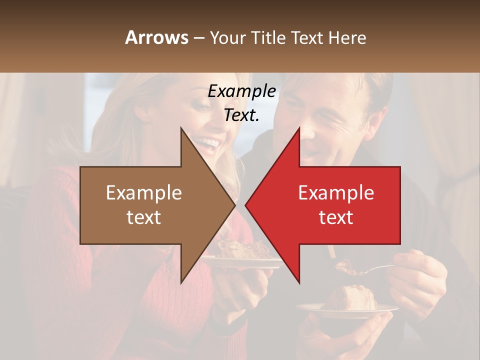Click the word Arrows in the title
tap(157, 37)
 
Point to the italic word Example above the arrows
tap(241, 91)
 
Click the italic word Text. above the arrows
tap(241, 115)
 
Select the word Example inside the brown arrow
tap(144, 193)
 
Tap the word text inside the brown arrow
tap(144, 217)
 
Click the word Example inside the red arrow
tap(336, 193)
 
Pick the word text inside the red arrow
tap(336, 217)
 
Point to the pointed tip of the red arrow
tap(246, 205)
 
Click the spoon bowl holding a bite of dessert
tap(350, 269)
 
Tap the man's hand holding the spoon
tap(417, 275)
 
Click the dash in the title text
tap(198, 38)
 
